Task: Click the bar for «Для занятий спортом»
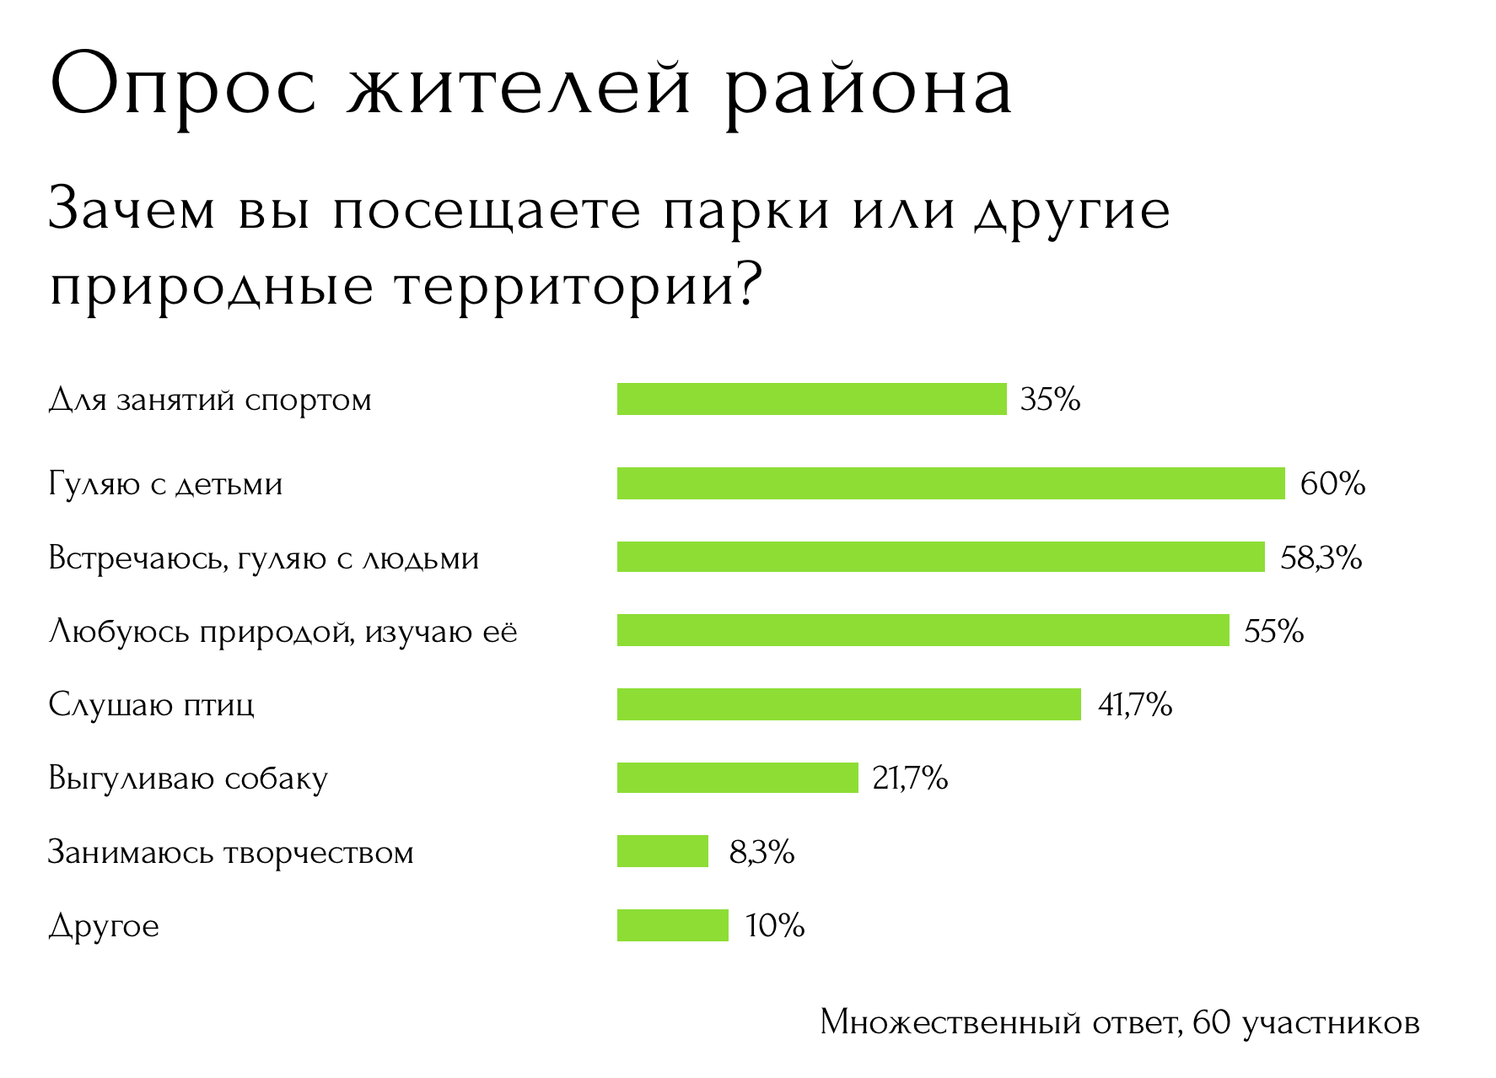(811, 399)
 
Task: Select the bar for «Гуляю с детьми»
(950, 483)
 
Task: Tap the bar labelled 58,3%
(940, 558)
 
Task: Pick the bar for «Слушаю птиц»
(848, 704)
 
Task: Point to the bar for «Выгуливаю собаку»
(737, 778)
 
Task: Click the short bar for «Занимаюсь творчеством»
(663, 851)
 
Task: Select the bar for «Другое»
(672, 925)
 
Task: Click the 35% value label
(1050, 399)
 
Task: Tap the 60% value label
(1332, 483)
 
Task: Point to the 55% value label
(1273, 631)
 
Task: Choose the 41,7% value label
(1134, 704)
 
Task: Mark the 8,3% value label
(761, 852)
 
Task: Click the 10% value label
(775, 926)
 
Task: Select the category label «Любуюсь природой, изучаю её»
(283, 632)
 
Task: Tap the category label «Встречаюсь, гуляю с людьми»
(263, 558)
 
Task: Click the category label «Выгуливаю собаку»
(187, 779)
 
